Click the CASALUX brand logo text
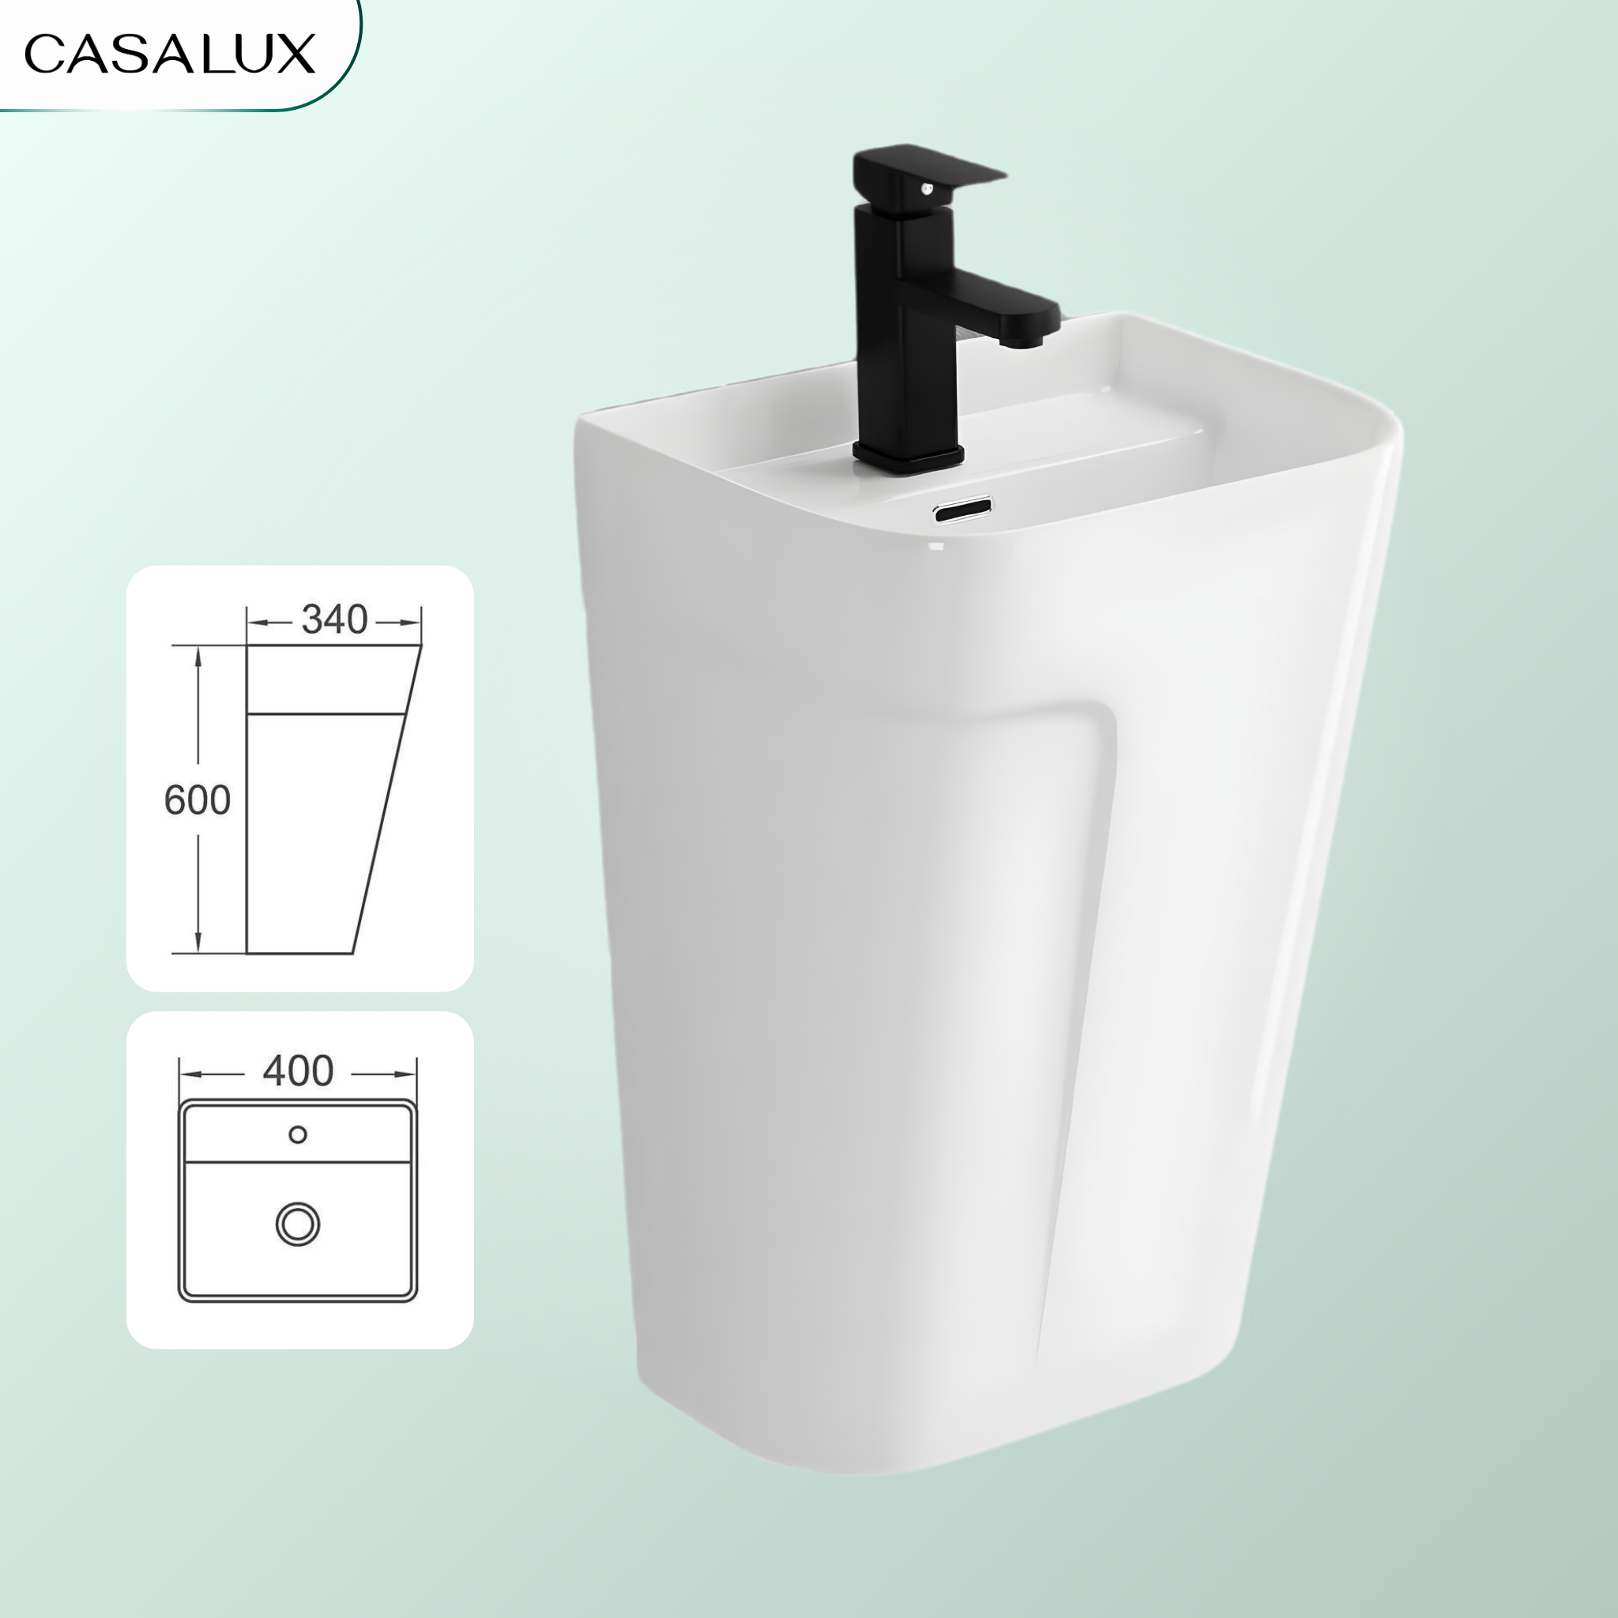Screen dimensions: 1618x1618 click(x=169, y=55)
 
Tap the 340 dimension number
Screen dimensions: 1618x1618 click(x=334, y=619)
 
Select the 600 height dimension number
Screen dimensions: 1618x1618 click(x=197, y=800)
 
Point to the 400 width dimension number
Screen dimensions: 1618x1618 click(x=298, y=1071)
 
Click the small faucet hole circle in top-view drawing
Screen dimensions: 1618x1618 click(x=297, y=1134)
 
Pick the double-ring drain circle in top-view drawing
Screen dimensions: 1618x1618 click(x=298, y=1225)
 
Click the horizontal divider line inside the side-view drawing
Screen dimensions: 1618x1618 click(x=326, y=713)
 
